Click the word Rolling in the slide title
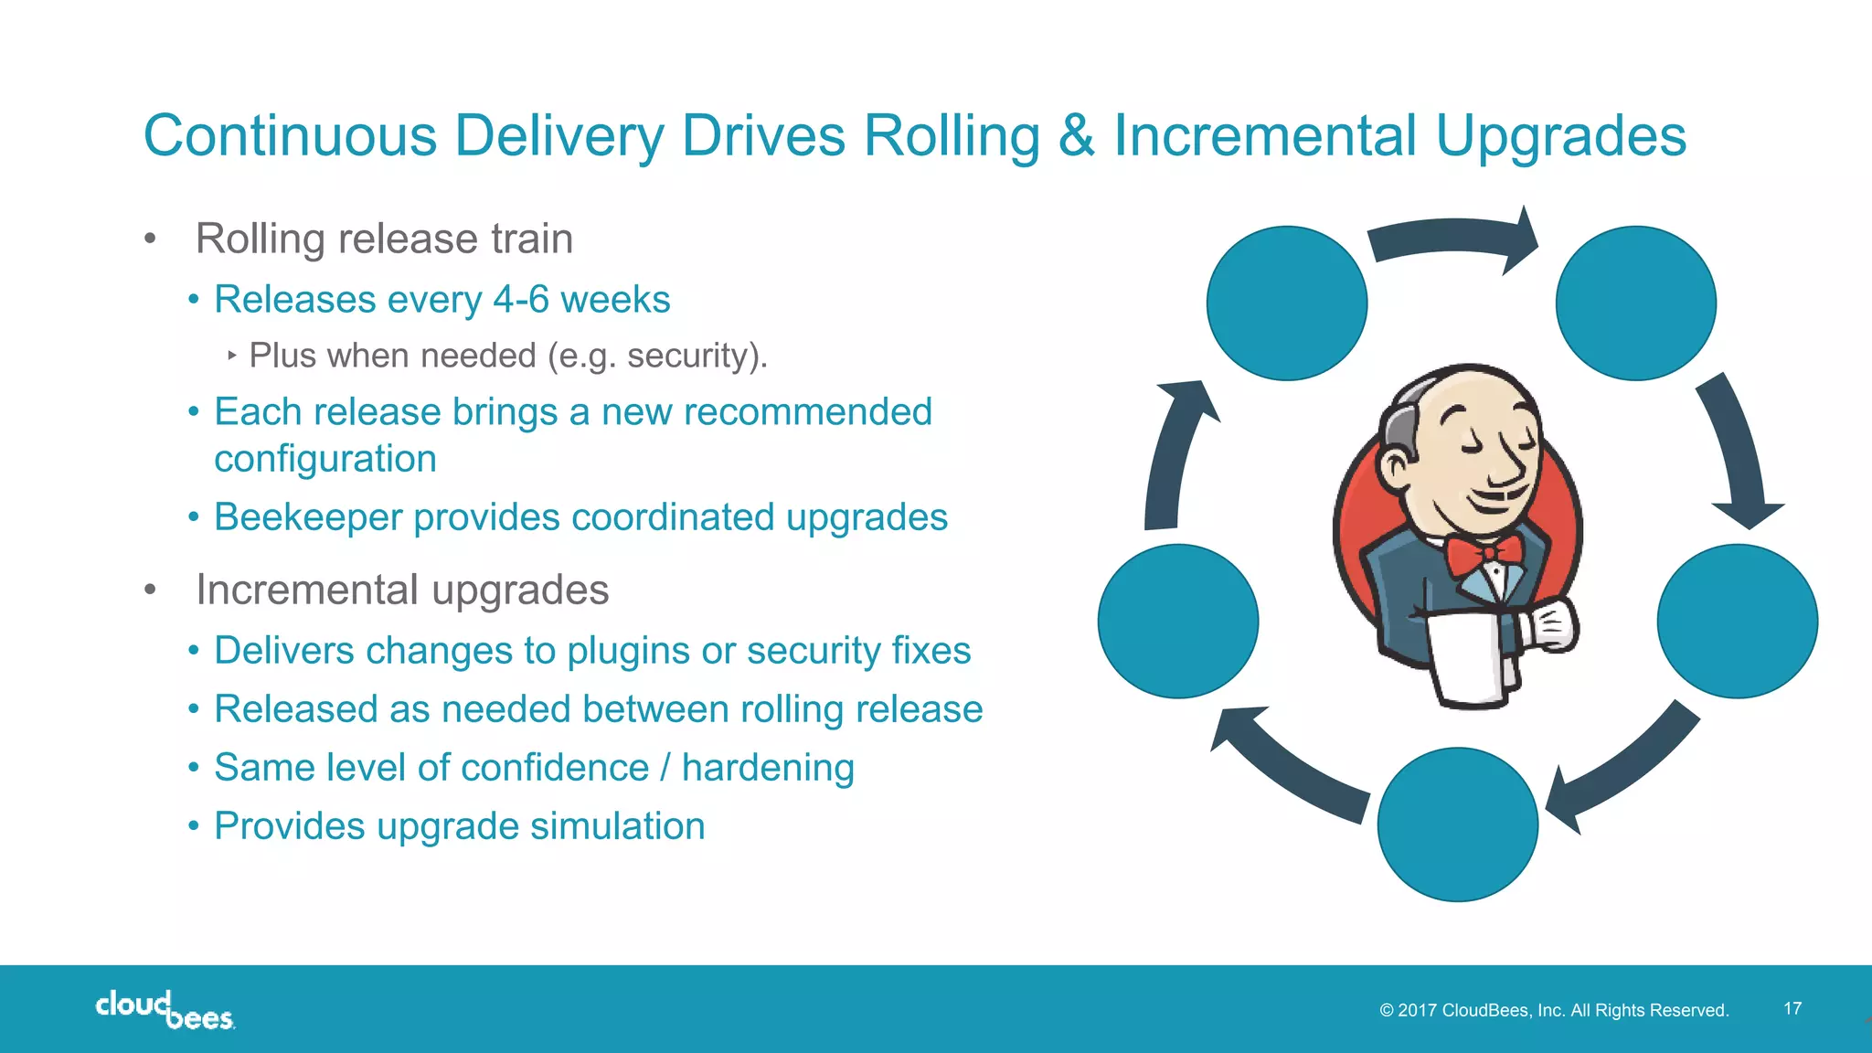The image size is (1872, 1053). click(x=952, y=136)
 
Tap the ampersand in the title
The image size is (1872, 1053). click(x=1077, y=136)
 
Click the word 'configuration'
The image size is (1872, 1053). click(x=324, y=459)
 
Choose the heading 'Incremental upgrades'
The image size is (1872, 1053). click(x=402, y=590)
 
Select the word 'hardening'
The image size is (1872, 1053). click(x=768, y=768)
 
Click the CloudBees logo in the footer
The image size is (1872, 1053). click(x=165, y=1010)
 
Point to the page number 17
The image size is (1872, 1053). click(x=1792, y=1008)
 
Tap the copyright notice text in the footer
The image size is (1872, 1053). click(x=1554, y=1010)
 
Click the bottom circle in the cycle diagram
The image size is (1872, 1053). click(x=1457, y=824)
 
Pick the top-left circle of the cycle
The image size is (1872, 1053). click(x=1287, y=303)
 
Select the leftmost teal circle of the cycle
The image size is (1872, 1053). click(x=1178, y=622)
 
